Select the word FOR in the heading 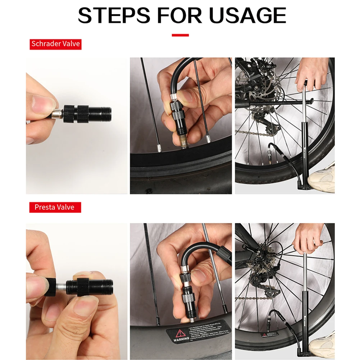[179, 15]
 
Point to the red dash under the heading [180, 35]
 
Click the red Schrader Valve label [55, 44]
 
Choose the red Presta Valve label [55, 208]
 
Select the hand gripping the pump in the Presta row [309, 239]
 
